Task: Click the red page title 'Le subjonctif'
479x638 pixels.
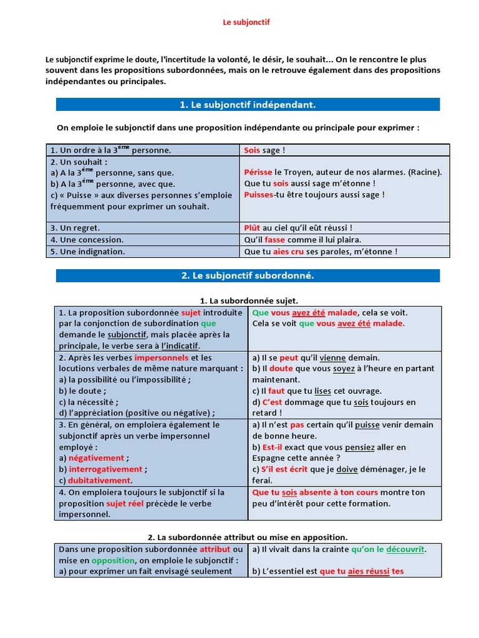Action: tap(246, 22)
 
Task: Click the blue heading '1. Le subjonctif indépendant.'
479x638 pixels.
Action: tap(248, 105)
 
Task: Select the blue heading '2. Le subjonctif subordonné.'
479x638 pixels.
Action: tap(247, 275)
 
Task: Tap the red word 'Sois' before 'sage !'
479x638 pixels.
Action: tap(252, 150)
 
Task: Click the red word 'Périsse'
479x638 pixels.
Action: tap(258, 172)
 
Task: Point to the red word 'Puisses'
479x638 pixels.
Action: tap(259, 194)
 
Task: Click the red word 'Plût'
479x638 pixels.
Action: tap(252, 228)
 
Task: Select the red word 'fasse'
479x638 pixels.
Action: tap(274, 240)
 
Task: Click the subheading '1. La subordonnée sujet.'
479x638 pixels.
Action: tap(248, 300)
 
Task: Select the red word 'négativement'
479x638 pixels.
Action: tap(97, 458)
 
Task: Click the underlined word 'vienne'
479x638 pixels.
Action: tap(332, 358)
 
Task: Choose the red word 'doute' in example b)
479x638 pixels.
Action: tap(281, 369)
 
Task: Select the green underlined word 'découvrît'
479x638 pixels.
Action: tap(405, 550)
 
